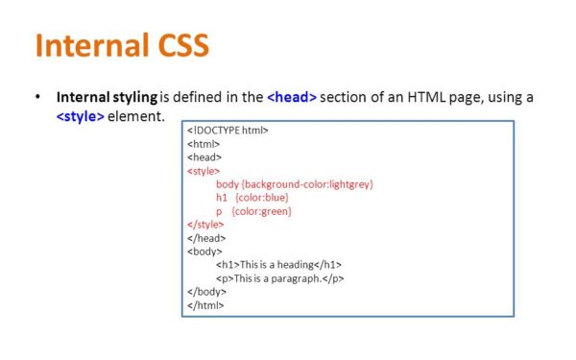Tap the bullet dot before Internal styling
click(x=37, y=97)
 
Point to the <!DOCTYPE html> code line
click(x=228, y=130)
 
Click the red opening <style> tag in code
click(x=204, y=170)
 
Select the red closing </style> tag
click(x=205, y=224)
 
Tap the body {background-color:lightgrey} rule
click(x=294, y=183)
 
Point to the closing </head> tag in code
click(x=205, y=237)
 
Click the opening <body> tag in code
click(x=204, y=251)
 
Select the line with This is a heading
click(x=278, y=264)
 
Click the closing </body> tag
click(x=206, y=291)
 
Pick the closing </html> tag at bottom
click(x=205, y=304)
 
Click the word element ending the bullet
click(x=138, y=116)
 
